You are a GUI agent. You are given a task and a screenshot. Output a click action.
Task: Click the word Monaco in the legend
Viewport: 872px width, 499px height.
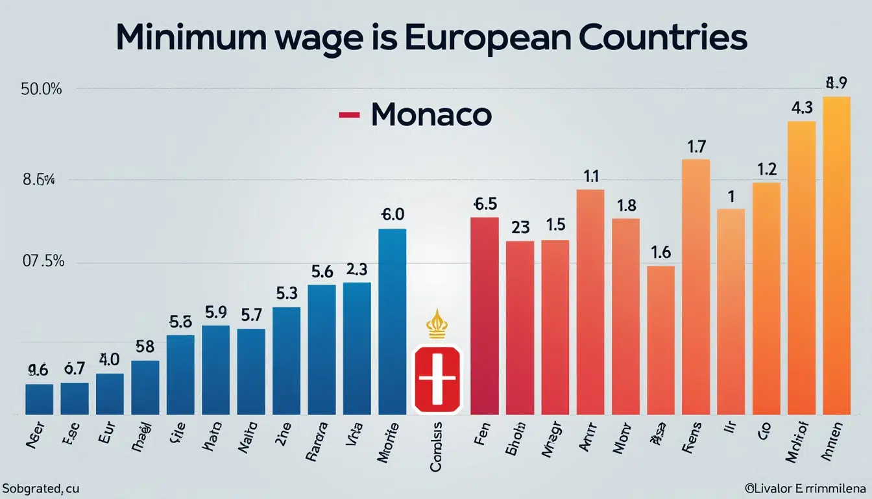click(431, 115)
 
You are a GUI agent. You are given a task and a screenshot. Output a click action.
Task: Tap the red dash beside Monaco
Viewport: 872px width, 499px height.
click(349, 116)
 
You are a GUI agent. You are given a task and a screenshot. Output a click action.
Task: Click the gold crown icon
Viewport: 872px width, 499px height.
click(436, 324)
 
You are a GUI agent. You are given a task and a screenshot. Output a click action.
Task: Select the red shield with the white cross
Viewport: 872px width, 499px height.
click(436, 379)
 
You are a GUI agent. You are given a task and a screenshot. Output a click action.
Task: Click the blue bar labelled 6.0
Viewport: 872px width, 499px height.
click(392, 321)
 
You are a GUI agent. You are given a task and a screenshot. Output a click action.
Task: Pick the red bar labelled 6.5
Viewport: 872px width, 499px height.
click(484, 315)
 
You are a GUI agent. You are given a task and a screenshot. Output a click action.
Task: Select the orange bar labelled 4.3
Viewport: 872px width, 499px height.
click(801, 267)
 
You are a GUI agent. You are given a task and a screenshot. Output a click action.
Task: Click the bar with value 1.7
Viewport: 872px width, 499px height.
click(696, 286)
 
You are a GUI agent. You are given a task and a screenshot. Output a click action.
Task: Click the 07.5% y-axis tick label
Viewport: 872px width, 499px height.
click(43, 261)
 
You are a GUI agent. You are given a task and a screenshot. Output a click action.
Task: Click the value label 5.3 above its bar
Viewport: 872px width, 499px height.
click(286, 293)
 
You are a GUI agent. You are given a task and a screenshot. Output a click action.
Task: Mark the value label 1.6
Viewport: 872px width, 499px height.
click(660, 252)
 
